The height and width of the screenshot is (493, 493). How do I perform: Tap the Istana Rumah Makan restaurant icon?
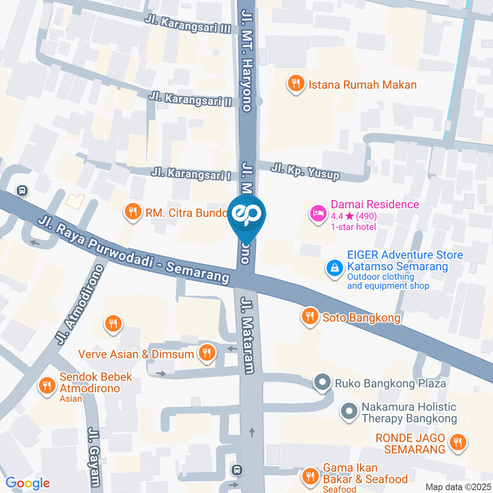click(295, 84)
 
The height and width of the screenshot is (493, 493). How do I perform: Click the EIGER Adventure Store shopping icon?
click(334, 268)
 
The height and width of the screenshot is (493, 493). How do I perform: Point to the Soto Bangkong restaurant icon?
click(309, 317)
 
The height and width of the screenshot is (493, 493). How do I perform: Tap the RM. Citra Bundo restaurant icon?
click(133, 211)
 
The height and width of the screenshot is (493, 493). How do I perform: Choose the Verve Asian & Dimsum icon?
click(206, 353)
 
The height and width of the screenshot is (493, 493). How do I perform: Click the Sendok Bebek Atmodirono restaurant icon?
click(47, 385)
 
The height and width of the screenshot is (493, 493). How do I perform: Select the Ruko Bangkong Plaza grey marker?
click(323, 383)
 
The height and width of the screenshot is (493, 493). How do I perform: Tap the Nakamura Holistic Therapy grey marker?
click(349, 411)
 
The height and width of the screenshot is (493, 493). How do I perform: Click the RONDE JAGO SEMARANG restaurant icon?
click(457, 442)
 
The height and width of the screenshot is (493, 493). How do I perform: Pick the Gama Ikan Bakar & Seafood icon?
click(309, 476)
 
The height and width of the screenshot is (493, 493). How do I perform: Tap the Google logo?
click(28, 483)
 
